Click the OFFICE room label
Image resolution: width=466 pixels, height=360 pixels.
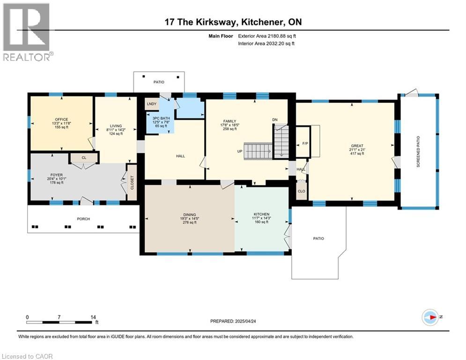point(61,120)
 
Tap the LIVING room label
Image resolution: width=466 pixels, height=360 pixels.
point(116,126)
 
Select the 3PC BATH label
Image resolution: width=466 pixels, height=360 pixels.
point(161,118)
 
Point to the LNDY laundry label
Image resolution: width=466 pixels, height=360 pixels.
point(152,104)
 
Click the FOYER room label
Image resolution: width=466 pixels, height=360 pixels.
point(57,175)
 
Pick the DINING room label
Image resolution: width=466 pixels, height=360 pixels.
point(190,215)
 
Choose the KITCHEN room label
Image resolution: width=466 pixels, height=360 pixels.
point(261,214)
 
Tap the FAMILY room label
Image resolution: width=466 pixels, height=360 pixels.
point(230,121)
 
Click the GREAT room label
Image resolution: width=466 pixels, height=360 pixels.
point(357,146)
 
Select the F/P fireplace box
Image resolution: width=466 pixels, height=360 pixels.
point(303,142)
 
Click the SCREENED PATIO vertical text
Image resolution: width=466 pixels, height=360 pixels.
point(418,151)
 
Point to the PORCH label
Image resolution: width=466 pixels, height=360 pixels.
point(83,219)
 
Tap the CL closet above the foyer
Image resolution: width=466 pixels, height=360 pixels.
point(84,157)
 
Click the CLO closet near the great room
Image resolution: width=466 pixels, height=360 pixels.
point(301,191)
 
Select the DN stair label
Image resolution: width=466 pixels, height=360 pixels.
point(275,120)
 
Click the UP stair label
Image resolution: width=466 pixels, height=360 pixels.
point(239,151)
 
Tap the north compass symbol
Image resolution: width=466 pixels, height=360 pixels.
point(430,317)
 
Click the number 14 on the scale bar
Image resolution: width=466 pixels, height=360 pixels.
point(93,317)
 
